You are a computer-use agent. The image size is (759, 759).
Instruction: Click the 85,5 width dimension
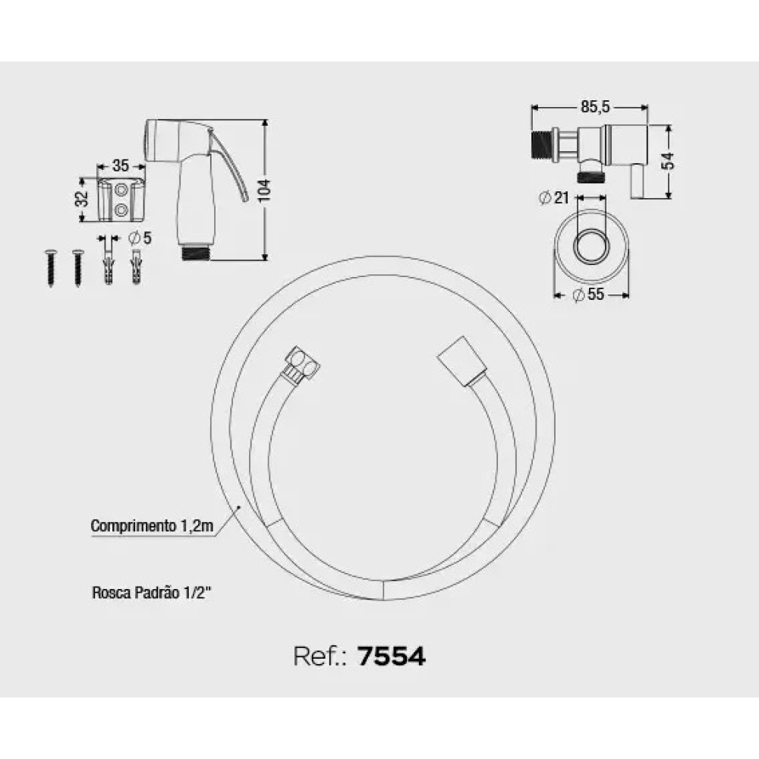595,107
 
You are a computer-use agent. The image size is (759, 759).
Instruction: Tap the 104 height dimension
264,191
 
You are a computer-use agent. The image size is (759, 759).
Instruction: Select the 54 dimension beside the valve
668,161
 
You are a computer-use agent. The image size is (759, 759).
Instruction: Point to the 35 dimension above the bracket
121,165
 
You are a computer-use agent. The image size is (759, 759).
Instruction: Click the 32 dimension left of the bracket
82,198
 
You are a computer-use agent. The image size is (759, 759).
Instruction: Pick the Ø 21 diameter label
554,197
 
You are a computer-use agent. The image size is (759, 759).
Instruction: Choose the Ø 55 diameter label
588,294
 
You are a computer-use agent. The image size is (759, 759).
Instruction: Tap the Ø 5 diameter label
140,238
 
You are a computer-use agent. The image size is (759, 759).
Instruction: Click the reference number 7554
392,657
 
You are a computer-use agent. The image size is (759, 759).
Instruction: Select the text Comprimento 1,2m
152,526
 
